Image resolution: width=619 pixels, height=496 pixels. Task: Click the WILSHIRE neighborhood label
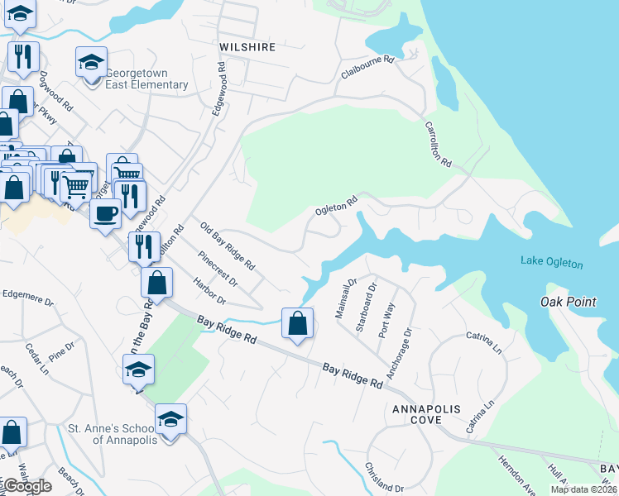247,47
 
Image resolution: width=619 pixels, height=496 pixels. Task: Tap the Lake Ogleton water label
551,263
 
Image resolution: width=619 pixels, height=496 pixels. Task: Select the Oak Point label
568,302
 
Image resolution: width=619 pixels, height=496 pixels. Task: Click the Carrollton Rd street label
438,145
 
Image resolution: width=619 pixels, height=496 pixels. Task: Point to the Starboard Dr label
366,307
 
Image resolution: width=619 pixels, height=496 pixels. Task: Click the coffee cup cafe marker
105,214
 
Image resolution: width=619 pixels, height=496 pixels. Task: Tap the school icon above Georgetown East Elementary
92,61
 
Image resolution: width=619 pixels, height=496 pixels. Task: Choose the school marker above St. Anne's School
170,420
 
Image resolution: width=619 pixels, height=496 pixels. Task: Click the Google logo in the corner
26,486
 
